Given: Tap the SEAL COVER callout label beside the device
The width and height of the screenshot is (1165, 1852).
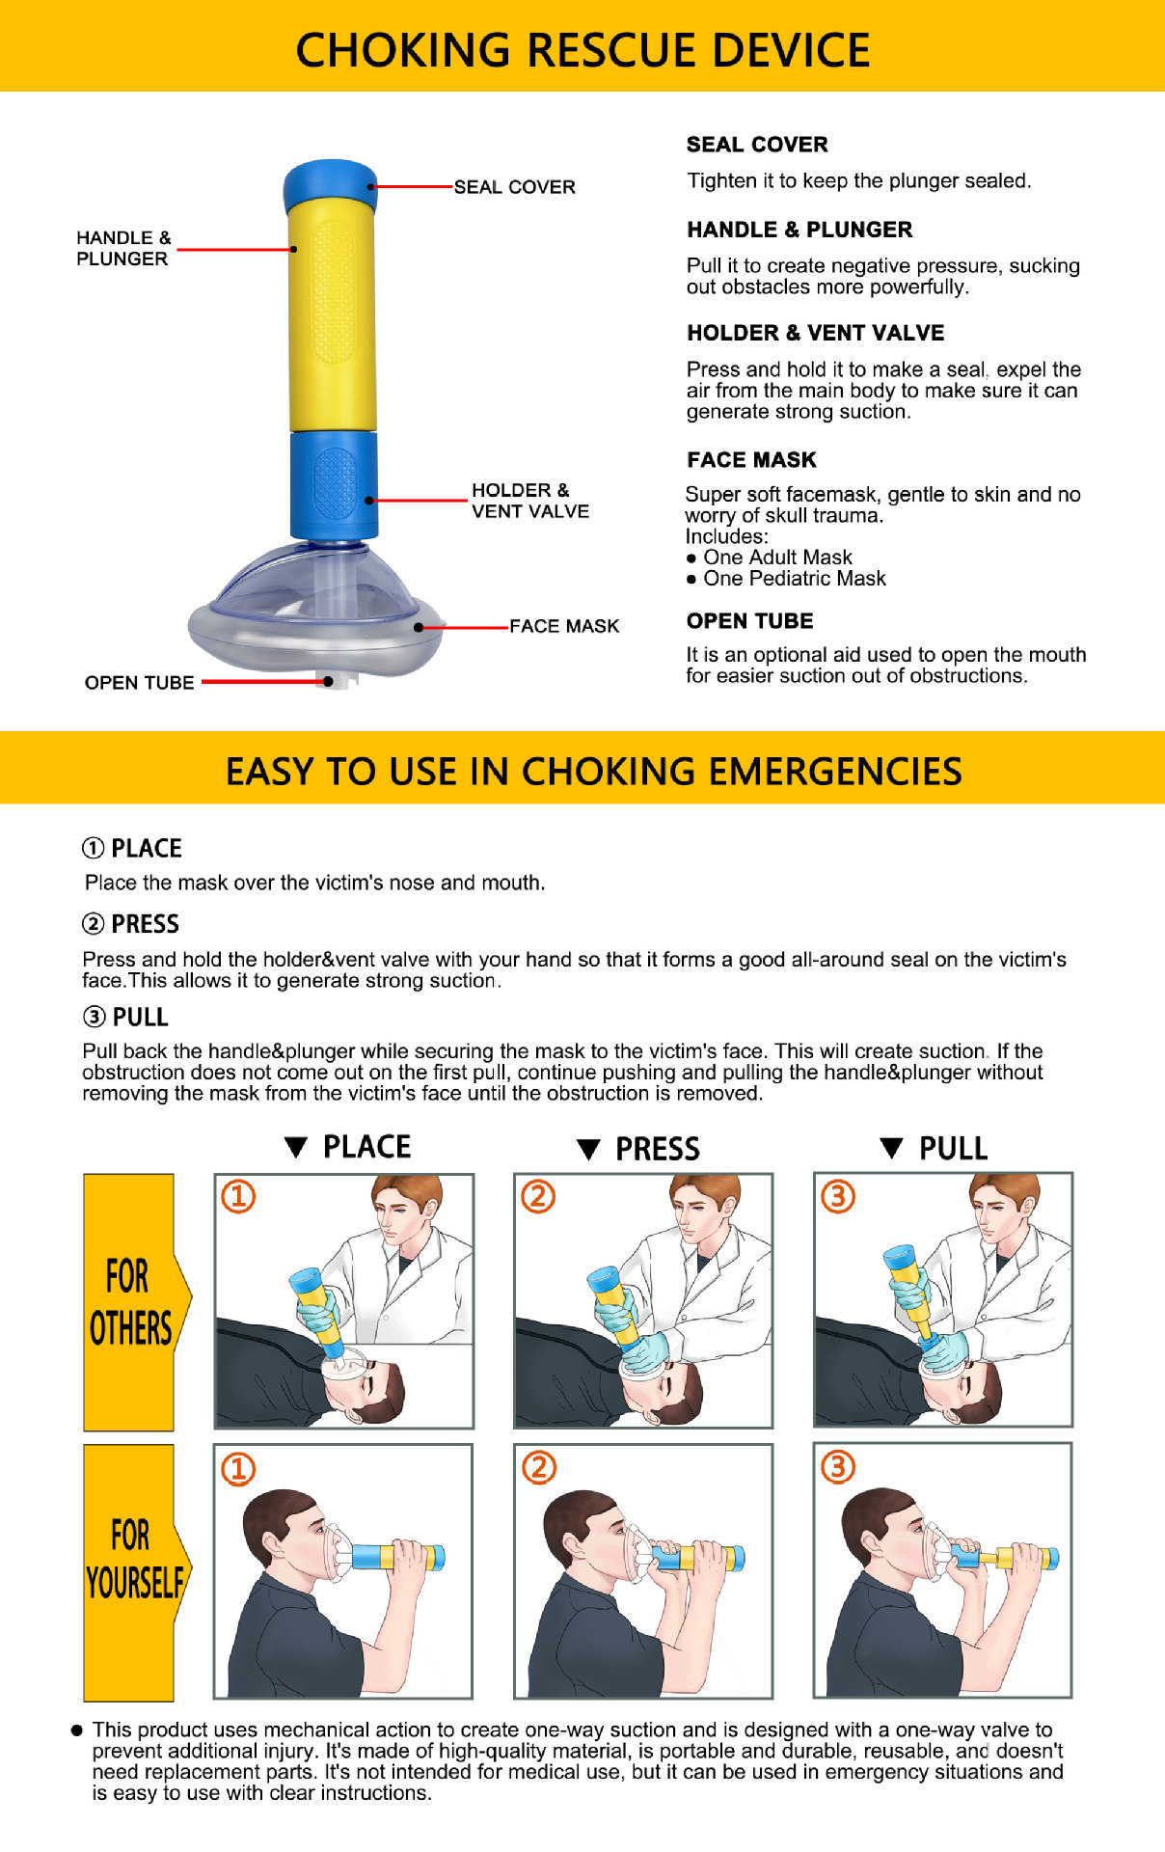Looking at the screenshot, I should point(514,187).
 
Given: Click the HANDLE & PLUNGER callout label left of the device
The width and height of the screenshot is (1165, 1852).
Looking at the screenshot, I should point(122,248).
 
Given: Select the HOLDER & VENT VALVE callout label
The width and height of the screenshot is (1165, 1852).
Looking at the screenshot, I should point(529,501).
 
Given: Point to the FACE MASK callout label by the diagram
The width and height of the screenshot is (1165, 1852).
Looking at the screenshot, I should point(564,626).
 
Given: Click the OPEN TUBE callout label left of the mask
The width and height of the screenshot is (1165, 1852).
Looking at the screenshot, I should point(139,683).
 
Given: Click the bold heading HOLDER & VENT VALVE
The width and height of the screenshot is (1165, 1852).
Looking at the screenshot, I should point(815,333).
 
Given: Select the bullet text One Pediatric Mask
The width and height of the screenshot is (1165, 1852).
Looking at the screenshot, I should point(794,579).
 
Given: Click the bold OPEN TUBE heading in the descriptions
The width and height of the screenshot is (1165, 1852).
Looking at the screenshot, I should point(749,621).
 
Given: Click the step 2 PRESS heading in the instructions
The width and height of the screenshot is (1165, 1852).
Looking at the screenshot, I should point(131,924).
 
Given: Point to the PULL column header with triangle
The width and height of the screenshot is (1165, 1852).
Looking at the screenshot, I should point(935,1148).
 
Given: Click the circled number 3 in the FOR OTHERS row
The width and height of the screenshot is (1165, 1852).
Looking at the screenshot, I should point(837,1197).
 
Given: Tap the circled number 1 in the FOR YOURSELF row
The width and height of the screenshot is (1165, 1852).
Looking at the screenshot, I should point(238,1469).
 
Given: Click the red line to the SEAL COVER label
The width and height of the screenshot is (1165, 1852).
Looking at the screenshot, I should point(413,186).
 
